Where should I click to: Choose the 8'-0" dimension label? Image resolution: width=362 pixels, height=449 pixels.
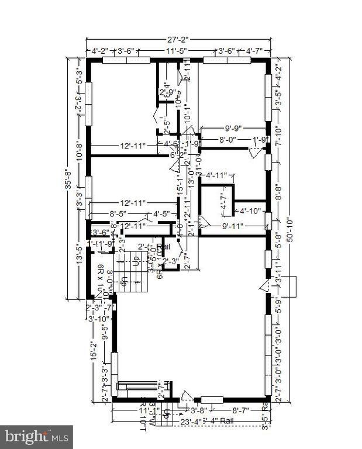tap(229, 140)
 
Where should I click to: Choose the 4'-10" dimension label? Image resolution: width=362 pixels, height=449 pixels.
tap(249, 211)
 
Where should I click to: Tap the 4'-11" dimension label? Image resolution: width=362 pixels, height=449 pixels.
tap(220, 174)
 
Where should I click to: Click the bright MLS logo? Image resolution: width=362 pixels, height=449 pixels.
tap(36, 436)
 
